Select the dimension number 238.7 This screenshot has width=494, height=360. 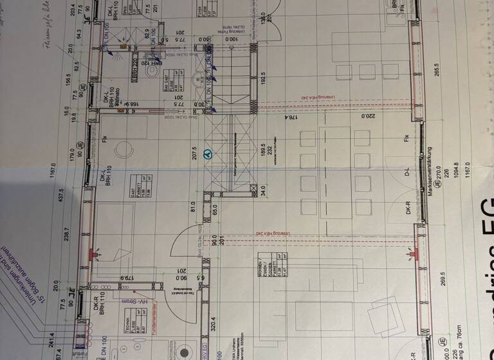[x=66, y=237]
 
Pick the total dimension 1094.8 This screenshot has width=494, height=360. [x=456, y=172]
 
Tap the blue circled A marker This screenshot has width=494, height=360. [x=207, y=154]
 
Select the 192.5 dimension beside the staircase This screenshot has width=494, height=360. [x=264, y=77]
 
